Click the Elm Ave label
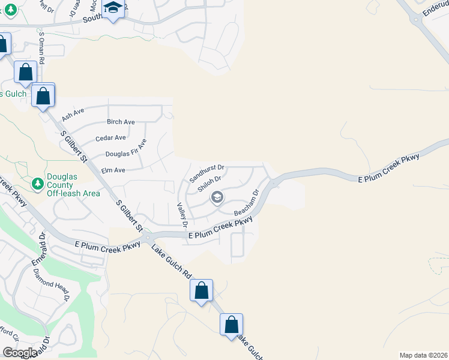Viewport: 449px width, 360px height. (x=113, y=170)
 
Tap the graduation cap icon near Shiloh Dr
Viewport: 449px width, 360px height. (x=217, y=197)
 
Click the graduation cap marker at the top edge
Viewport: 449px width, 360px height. (x=112, y=8)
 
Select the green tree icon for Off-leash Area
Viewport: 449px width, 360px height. (x=37, y=182)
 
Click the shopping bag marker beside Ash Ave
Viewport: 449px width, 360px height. (x=43, y=95)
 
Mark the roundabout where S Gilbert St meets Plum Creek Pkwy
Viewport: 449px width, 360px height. (x=146, y=239)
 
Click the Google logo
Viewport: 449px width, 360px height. (x=20, y=353)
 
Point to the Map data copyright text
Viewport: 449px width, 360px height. (x=423, y=355)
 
